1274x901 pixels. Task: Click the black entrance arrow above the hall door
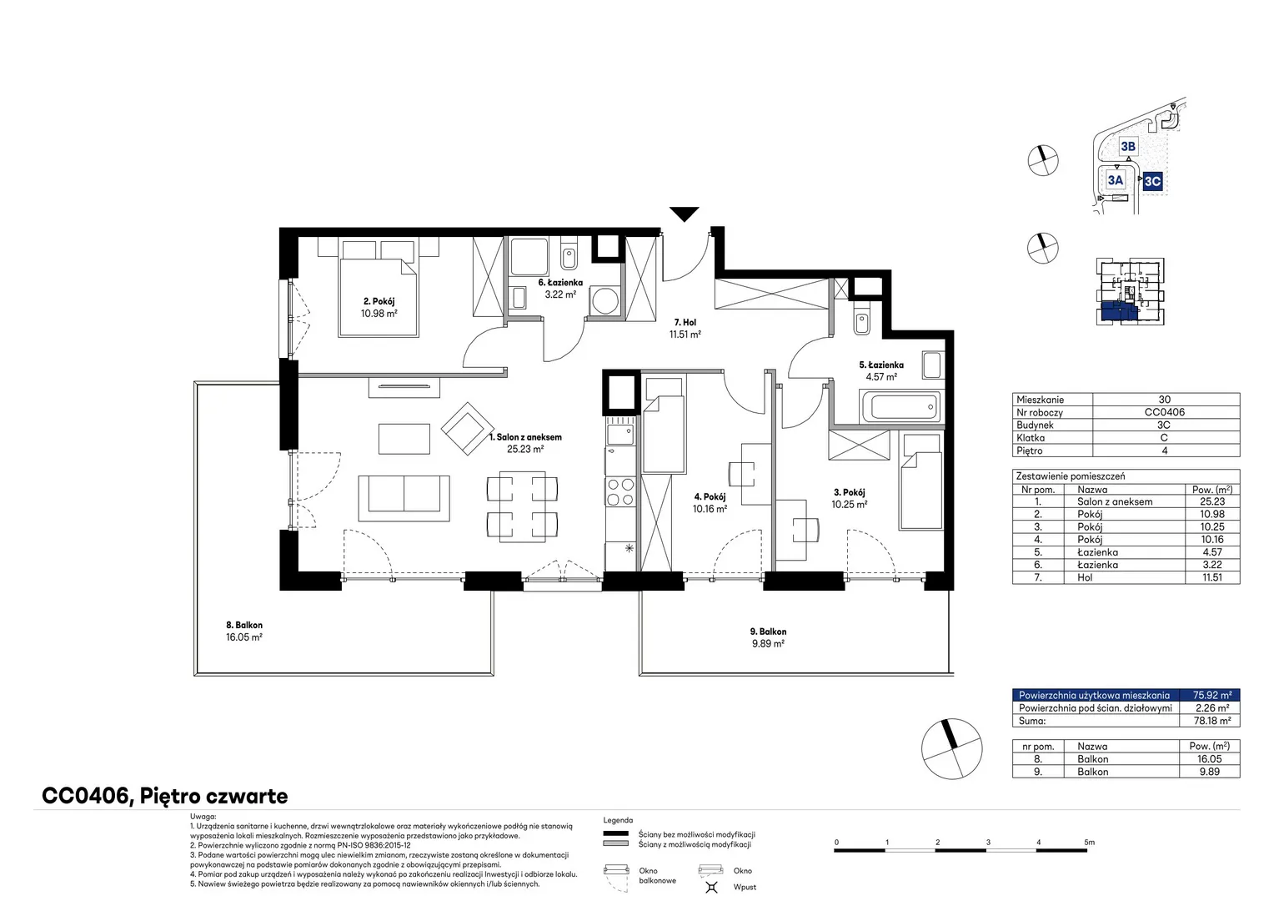pyautogui.click(x=685, y=214)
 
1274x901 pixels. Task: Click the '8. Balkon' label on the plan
pyautogui.click(x=244, y=625)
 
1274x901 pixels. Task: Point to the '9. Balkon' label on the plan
pyautogui.click(x=768, y=632)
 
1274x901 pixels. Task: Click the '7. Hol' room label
pyautogui.click(x=685, y=322)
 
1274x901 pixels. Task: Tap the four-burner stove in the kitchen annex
pyautogui.click(x=620, y=491)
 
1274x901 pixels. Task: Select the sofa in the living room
pyautogui.click(x=404, y=498)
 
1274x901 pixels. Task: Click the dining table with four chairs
pyautogui.click(x=522, y=506)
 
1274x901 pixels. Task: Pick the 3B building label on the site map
pyautogui.click(x=1128, y=147)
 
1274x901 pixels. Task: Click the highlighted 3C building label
pyautogui.click(x=1152, y=182)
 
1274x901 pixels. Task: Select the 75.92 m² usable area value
pyautogui.click(x=1212, y=695)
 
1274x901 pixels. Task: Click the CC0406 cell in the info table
pyautogui.click(x=1164, y=412)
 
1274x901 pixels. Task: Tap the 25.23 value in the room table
pyautogui.click(x=1212, y=501)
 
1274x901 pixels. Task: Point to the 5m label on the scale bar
pyautogui.click(x=1089, y=842)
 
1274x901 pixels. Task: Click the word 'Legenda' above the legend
pyautogui.click(x=618, y=820)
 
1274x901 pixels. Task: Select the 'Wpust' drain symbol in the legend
pyautogui.click(x=711, y=887)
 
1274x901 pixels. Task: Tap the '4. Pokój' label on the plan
pyautogui.click(x=710, y=497)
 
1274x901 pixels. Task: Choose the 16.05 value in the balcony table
pyautogui.click(x=1212, y=758)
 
